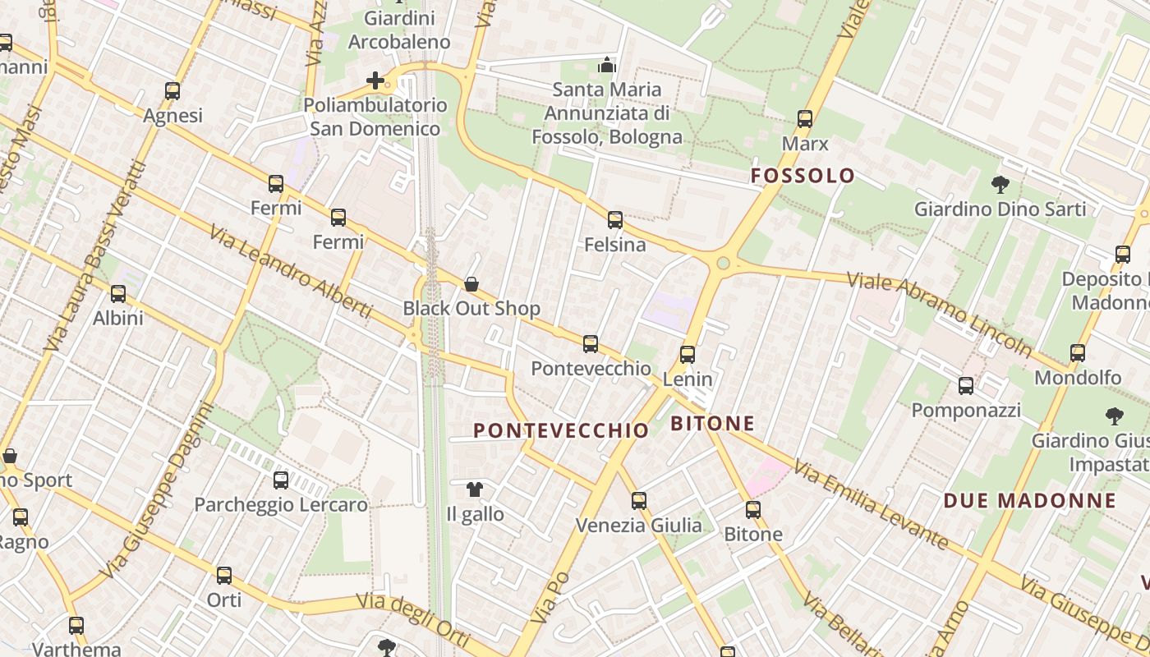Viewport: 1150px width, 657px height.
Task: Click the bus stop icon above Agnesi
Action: pyautogui.click(x=172, y=91)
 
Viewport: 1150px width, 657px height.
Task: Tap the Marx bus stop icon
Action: pyautogui.click(x=805, y=119)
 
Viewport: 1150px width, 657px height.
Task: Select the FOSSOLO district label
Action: pyautogui.click(x=803, y=176)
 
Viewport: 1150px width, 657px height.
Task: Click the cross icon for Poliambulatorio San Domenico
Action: pyautogui.click(x=375, y=80)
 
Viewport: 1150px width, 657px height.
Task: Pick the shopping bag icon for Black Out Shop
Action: pyautogui.click(x=471, y=284)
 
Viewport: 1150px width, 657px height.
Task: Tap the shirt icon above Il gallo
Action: pyautogui.click(x=474, y=489)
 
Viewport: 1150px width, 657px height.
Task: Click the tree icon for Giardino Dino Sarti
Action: pyautogui.click(x=1000, y=184)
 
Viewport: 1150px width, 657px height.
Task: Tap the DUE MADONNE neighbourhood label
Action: pyautogui.click(x=1030, y=501)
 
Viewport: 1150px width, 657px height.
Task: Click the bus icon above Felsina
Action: pyautogui.click(x=615, y=220)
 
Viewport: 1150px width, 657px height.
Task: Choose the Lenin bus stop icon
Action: pyautogui.click(x=688, y=355)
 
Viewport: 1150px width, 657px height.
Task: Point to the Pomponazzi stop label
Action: pyautogui.click(x=966, y=410)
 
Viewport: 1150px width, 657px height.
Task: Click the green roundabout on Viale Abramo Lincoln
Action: pyautogui.click(x=723, y=264)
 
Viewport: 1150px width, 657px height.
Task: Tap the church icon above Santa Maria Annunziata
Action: pyautogui.click(x=607, y=65)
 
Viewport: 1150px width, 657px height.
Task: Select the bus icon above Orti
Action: pyautogui.click(x=224, y=576)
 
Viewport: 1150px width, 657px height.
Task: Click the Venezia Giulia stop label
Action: pyautogui.click(x=639, y=526)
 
